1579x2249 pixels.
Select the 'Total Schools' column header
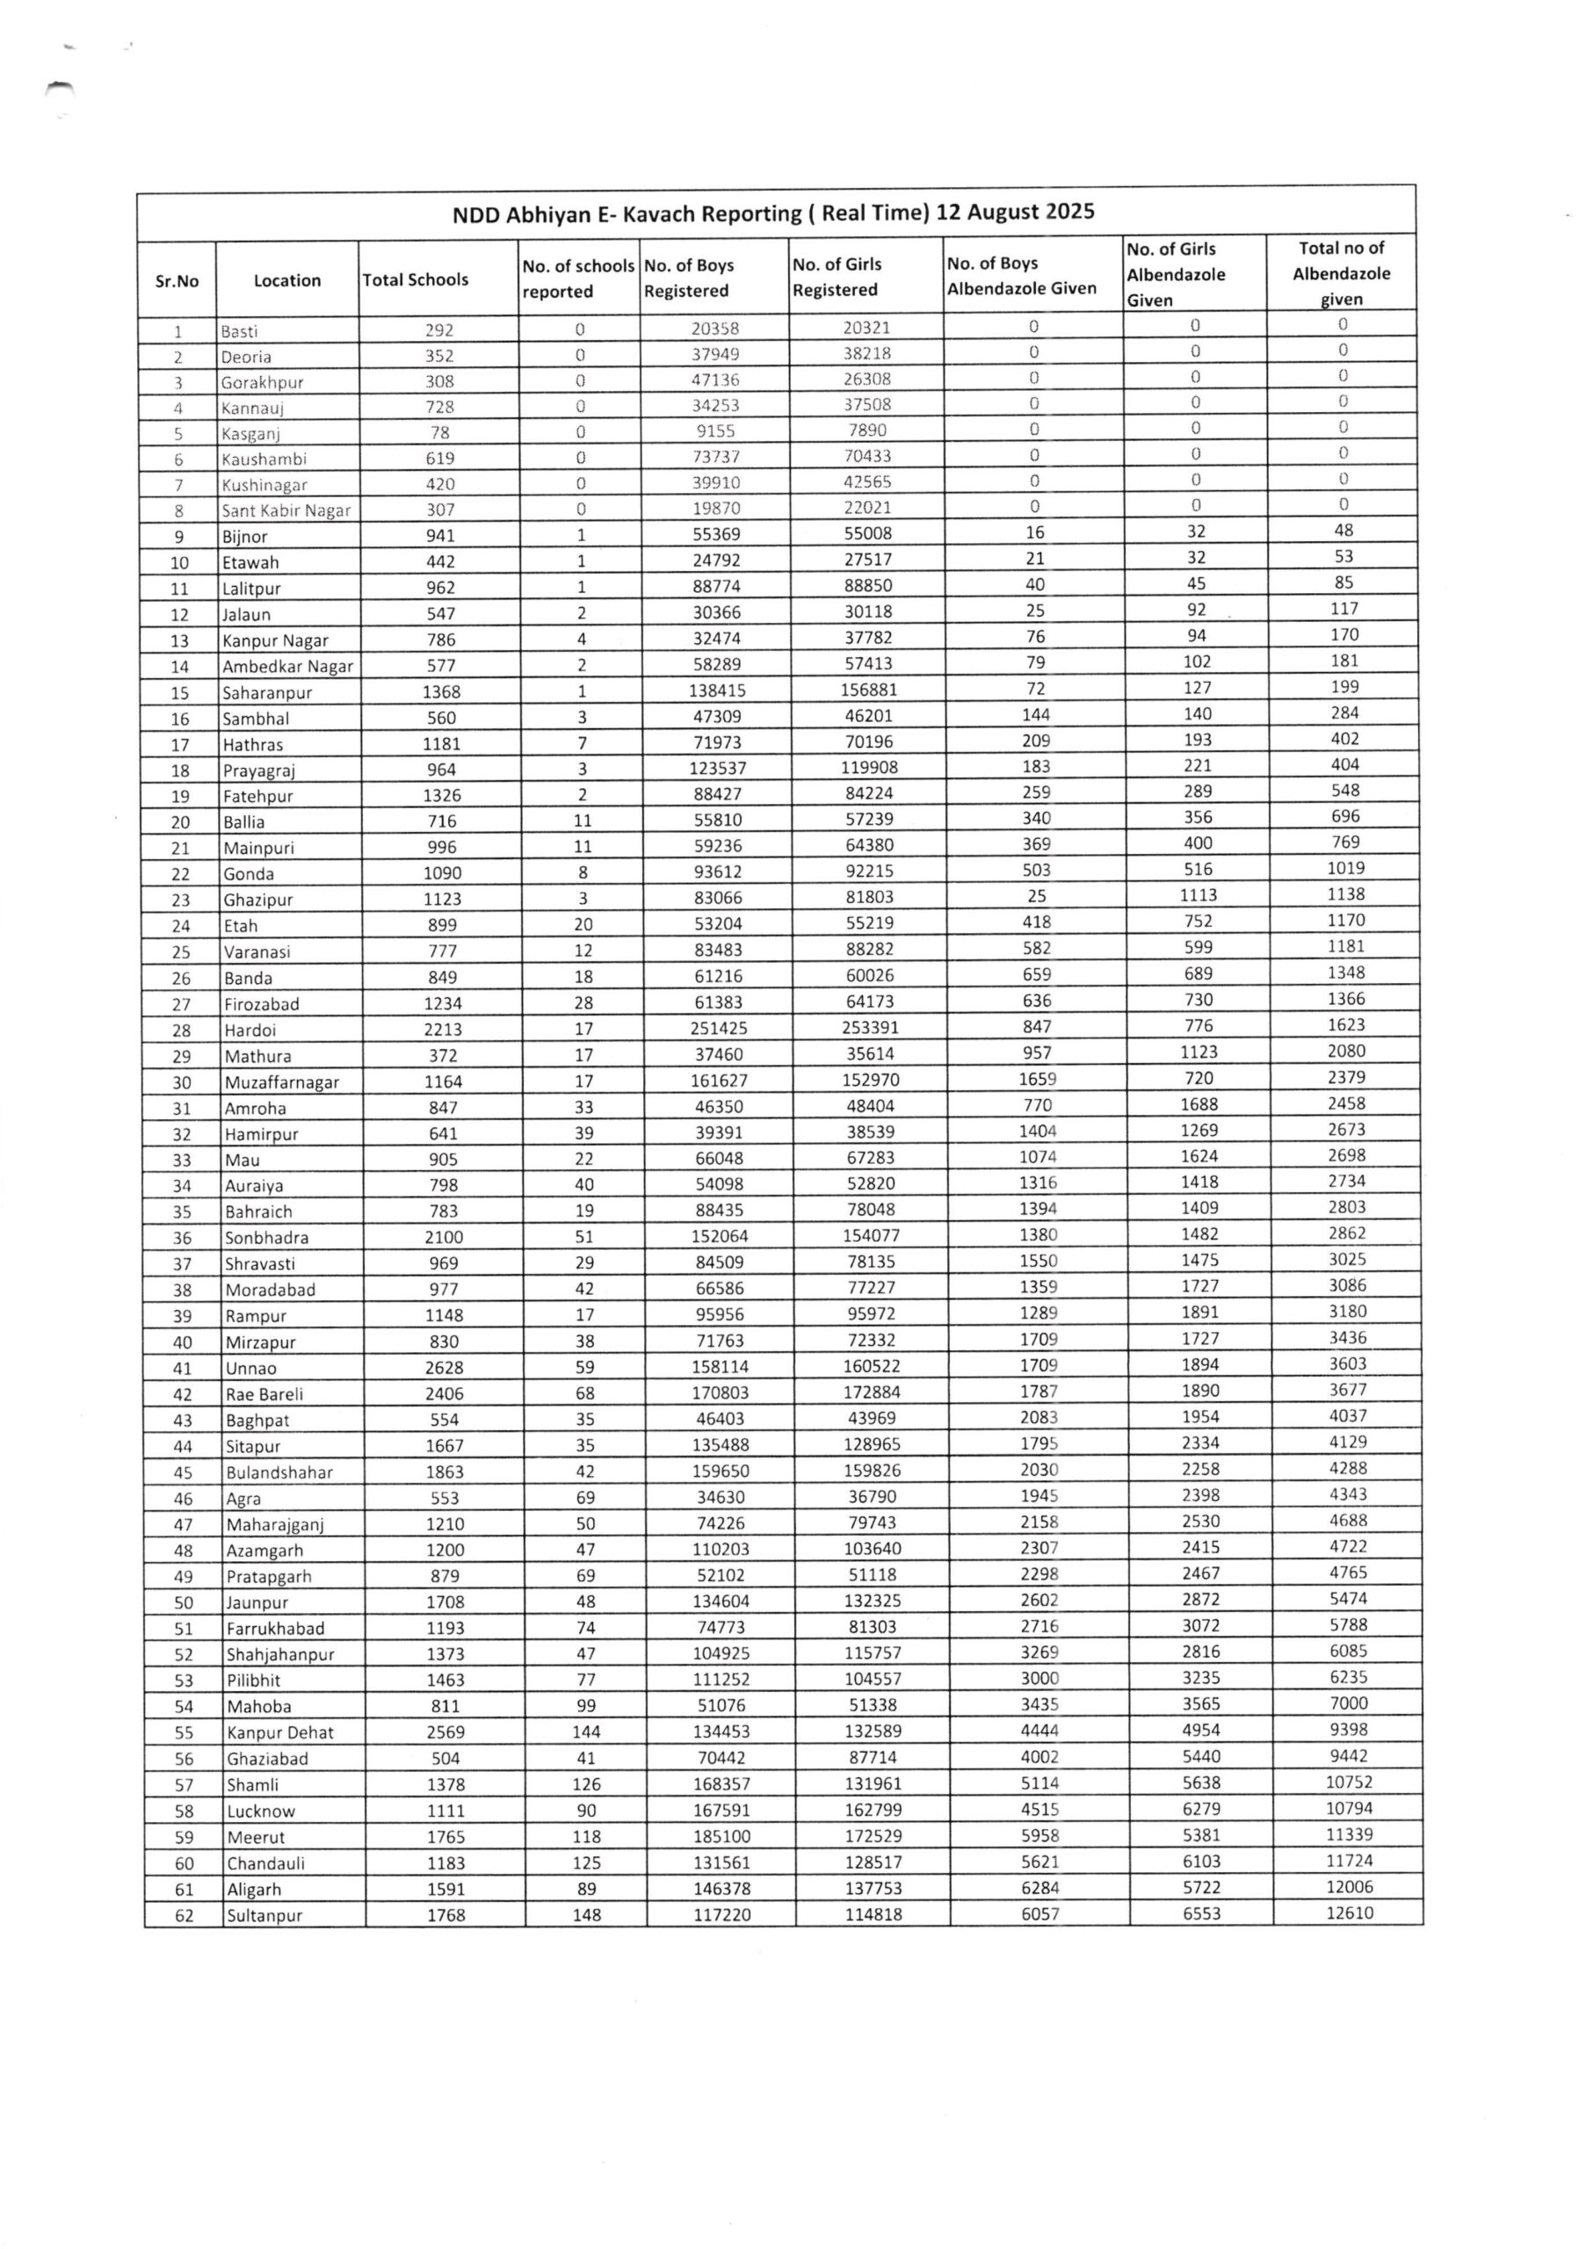tap(416, 279)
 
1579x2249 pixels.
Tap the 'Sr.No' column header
tap(177, 281)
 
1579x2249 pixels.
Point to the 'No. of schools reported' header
tap(578, 278)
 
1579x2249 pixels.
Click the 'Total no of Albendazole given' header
tap(1341, 273)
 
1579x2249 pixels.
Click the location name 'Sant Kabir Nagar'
tap(285, 510)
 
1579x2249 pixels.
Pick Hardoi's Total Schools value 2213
tap(443, 1030)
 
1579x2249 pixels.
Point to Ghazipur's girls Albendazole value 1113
tap(1198, 894)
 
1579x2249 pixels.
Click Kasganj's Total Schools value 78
tap(440, 432)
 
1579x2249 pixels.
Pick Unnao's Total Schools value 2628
tap(444, 1368)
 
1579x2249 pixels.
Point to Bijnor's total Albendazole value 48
tap(1344, 530)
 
